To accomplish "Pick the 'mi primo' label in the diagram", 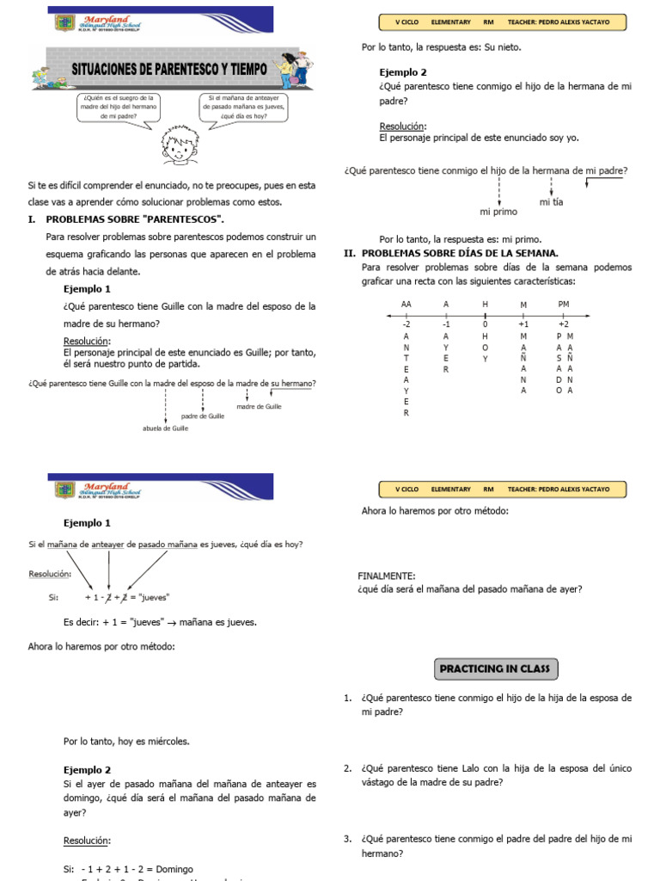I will (498, 211).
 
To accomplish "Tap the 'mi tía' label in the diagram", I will (551, 201).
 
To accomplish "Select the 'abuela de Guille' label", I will (166, 428).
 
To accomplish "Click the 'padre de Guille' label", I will (203, 416).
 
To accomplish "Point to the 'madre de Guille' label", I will (259, 406).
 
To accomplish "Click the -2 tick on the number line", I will (406, 324).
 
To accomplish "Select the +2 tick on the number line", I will (564, 324).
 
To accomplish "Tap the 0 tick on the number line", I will (485, 324).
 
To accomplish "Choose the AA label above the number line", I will (406, 305).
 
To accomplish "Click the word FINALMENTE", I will (387, 576).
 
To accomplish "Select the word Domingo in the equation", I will (175, 869).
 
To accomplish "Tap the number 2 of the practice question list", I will (346, 768).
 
